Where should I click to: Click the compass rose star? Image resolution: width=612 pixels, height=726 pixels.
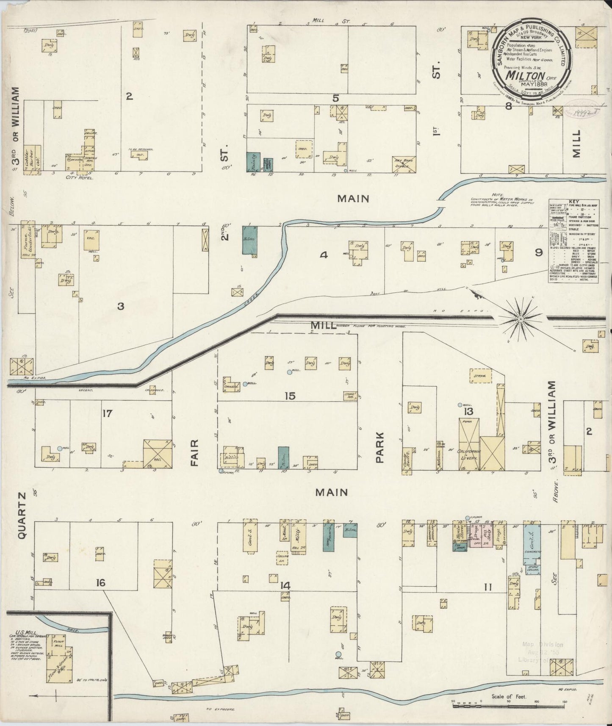(x=520, y=317)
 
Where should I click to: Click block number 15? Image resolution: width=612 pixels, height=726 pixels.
(x=290, y=396)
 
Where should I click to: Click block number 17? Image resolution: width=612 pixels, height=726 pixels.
(x=108, y=413)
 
